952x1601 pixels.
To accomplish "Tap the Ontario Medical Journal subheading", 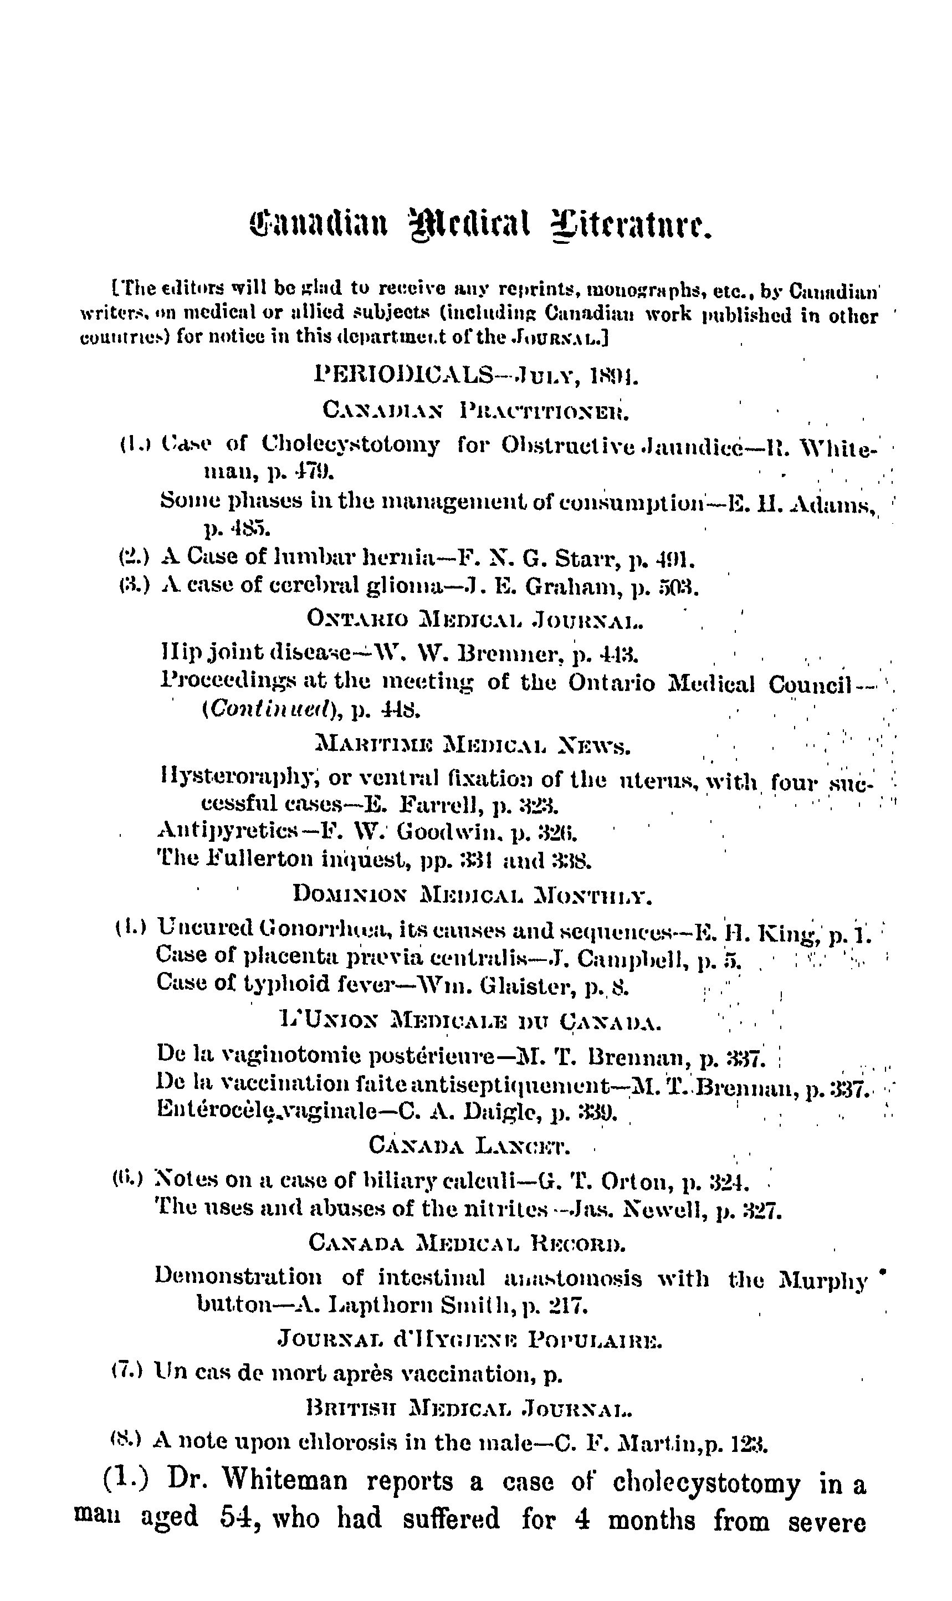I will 475,619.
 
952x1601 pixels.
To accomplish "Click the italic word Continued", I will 269,709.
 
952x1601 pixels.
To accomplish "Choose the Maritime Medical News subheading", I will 474,745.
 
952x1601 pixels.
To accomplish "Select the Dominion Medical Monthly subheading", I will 472,893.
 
